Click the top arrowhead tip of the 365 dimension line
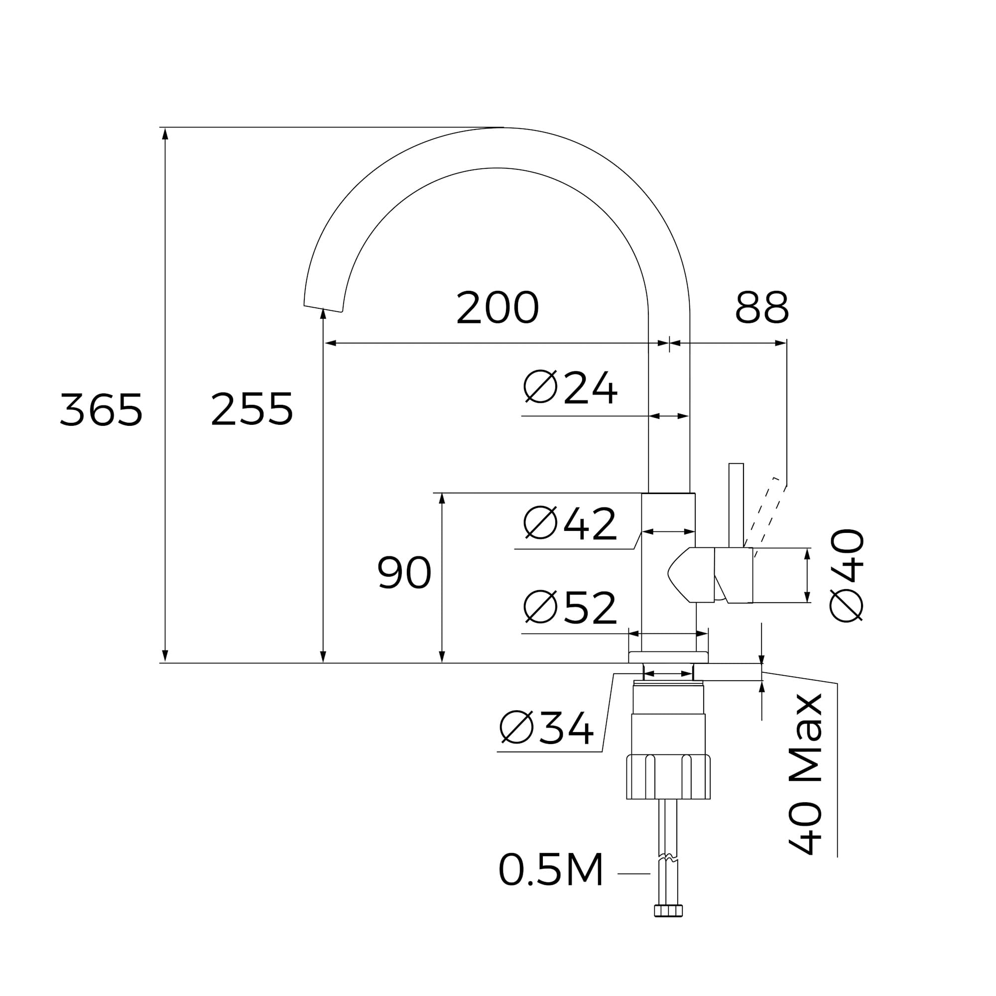pyautogui.click(x=165, y=128)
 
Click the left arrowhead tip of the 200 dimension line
pyautogui.click(x=325, y=343)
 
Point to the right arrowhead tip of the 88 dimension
pyautogui.click(x=786, y=343)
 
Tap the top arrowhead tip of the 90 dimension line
pyautogui.click(x=442, y=494)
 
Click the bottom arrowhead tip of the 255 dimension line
pyautogui.click(x=323, y=663)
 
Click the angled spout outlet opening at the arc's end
pyautogui.click(x=323, y=309)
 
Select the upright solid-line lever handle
pyautogui.click(x=736, y=505)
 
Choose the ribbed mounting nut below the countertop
pyautogui.click(x=668, y=777)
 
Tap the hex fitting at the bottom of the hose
pyautogui.click(x=668, y=911)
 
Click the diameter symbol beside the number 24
pyautogui.click(x=540, y=386)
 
